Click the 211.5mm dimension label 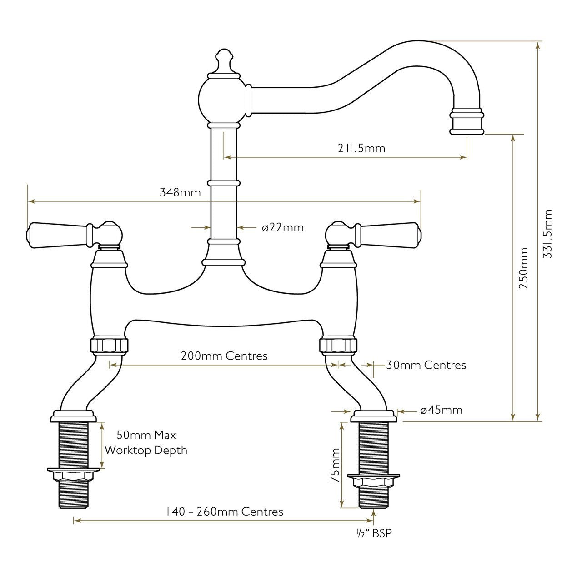pyautogui.click(x=361, y=148)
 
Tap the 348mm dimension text pyautogui.click(x=180, y=192)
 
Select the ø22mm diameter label pyautogui.click(x=282, y=227)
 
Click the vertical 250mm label pyautogui.click(x=524, y=268)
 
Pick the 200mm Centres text pyautogui.click(x=224, y=356)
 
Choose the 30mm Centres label pyautogui.click(x=426, y=365)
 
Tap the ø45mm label pyautogui.click(x=441, y=410)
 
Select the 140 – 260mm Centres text pyautogui.click(x=224, y=512)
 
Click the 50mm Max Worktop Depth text pyautogui.click(x=146, y=442)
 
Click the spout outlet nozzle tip pyautogui.click(x=467, y=123)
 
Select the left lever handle pyautogui.click(x=59, y=231)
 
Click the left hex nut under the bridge pyautogui.click(x=110, y=346)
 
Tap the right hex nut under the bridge pyautogui.click(x=338, y=346)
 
